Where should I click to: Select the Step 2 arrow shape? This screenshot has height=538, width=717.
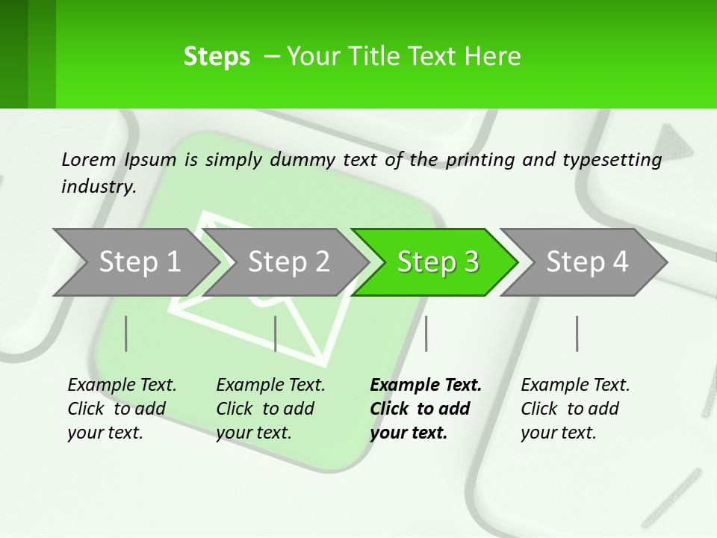288,262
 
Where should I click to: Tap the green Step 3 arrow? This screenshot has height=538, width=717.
438,262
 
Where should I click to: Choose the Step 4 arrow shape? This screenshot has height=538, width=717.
587,262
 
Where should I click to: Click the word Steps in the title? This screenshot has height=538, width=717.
217,57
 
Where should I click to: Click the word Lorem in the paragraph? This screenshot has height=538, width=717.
89,159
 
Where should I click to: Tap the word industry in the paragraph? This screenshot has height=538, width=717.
99,186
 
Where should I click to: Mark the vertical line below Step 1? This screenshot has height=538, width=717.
126,333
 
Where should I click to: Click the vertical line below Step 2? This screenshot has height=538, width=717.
276,333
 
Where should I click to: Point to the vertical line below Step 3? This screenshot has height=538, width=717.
426,333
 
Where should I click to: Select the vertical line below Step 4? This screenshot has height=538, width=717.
577,333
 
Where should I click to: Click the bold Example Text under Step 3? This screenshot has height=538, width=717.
426,385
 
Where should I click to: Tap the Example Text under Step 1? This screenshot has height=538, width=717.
122,385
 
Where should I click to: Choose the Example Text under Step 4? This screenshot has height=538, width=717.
575,385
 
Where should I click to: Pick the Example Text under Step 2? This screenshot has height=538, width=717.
270,385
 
